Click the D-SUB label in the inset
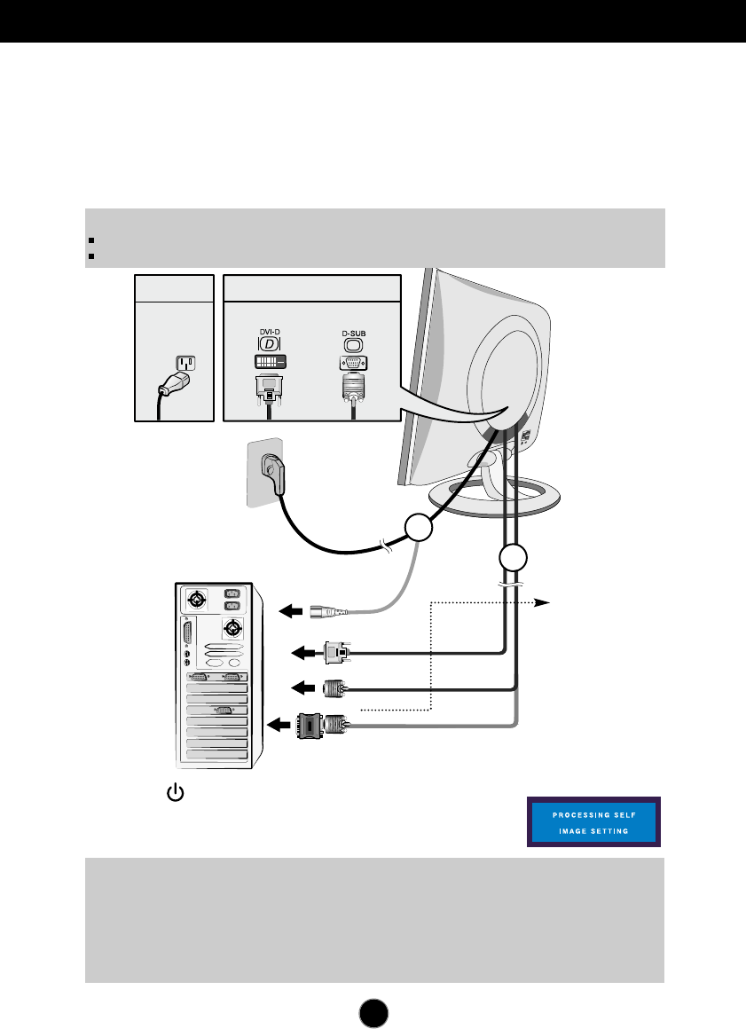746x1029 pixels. point(354,334)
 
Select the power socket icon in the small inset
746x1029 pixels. point(185,365)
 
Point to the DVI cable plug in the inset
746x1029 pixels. point(268,388)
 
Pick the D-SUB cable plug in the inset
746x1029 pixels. point(354,388)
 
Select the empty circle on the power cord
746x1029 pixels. point(419,530)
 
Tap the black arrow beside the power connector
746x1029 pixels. point(292,610)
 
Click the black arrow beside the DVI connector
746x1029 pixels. point(305,654)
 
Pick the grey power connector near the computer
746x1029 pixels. point(330,610)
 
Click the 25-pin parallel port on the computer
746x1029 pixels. point(190,638)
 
